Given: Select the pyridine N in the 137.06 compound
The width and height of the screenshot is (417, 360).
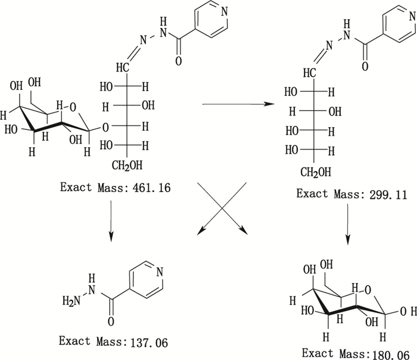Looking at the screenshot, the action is (x=158, y=272).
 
